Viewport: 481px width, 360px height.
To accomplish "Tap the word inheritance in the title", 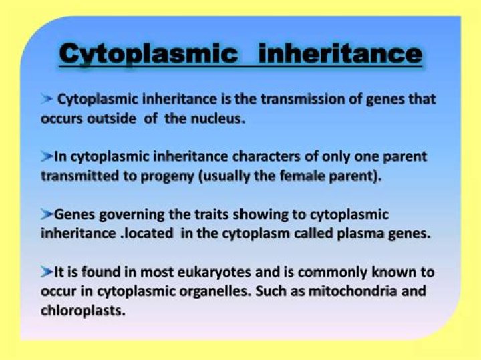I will (340, 53).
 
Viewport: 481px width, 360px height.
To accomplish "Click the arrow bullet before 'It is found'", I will (46, 272).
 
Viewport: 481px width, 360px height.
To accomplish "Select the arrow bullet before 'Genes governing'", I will (46, 214).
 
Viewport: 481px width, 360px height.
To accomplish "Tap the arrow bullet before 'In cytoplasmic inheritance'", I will (46, 156).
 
